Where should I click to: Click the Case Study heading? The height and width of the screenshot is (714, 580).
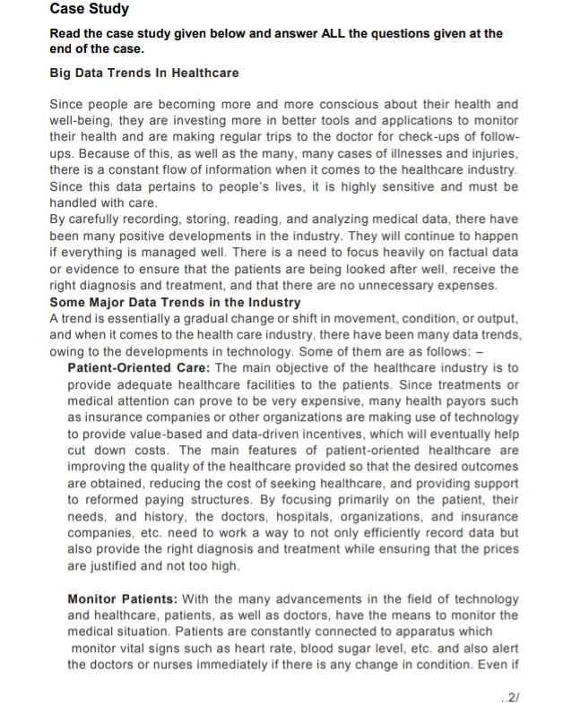pos(89,10)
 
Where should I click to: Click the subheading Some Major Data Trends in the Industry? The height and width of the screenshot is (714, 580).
pos(175,303)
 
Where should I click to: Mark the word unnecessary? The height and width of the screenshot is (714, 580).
pos(396,286)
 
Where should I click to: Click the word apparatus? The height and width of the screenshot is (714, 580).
pos(434,631)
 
